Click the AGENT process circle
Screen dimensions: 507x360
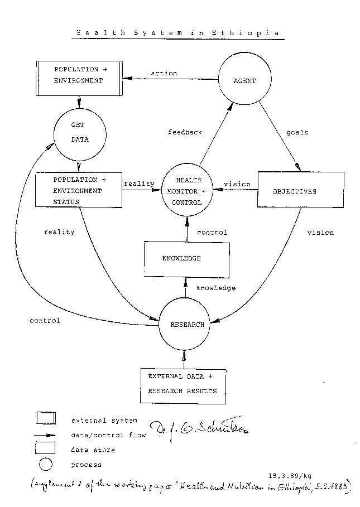(244, 81)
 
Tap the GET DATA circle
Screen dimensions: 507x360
(80, 132)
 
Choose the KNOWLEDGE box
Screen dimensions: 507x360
(186, 258)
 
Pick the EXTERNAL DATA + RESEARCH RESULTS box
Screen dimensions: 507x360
(182, 384)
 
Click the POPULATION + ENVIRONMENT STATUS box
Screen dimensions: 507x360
(78, 190)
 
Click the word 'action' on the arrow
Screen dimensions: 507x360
(164, 73)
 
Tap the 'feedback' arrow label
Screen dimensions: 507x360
(185, 132)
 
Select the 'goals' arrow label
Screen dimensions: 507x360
(297, 133)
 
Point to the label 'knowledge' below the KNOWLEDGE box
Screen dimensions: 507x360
(216, 288)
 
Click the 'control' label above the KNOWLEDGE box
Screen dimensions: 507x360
(212, 232)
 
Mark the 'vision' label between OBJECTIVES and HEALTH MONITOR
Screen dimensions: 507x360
(237, 184)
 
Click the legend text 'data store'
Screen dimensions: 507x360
(93, 450)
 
